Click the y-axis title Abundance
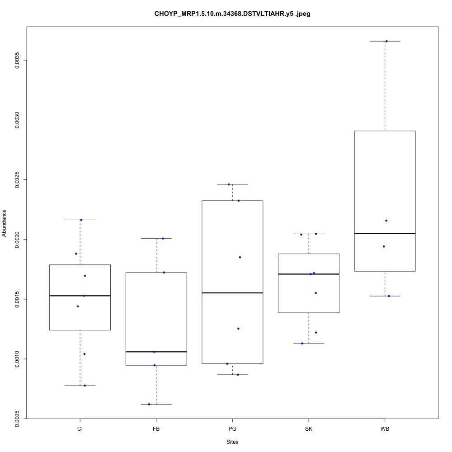tap(5, 223)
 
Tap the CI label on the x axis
tap(80, 428)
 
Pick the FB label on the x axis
tap(156, 428)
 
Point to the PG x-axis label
tap(232, 428)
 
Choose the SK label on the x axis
tap(309, 428)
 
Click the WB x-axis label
tap(385, 428)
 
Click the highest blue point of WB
tap(386, 41)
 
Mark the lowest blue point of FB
tap(149, 404)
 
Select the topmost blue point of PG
tap(229, 184)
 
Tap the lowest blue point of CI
tap(85, 386)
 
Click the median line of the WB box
tap(385, 234)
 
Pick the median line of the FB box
tap(156, 352)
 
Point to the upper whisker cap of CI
tap(80, 220)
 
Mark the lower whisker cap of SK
tap(309, 344)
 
